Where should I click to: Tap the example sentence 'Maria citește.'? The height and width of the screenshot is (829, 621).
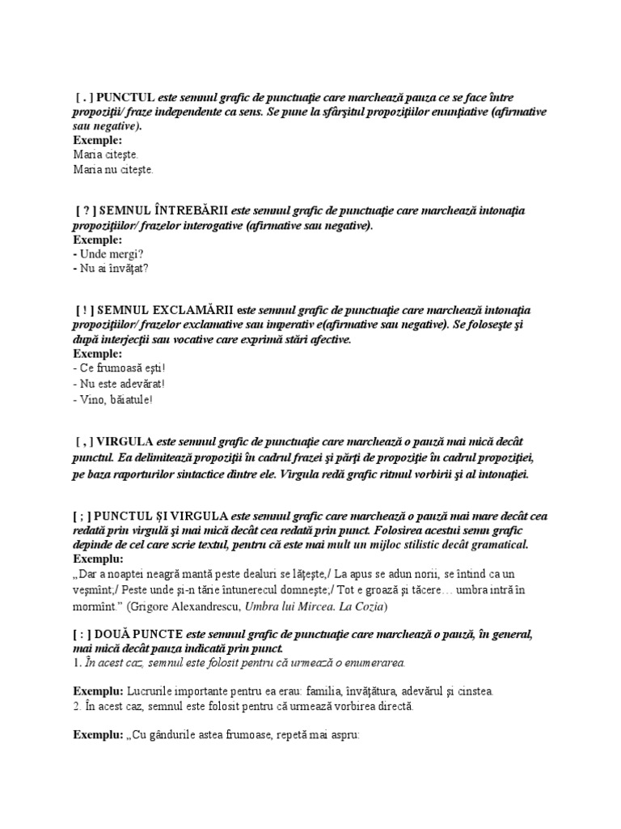[106, 154]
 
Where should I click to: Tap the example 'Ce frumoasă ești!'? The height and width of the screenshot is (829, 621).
[122, 368]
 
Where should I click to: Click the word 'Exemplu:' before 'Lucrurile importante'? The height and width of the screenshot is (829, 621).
[98, 692]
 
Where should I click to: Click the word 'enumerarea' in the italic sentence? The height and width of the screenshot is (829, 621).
[374, 663]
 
